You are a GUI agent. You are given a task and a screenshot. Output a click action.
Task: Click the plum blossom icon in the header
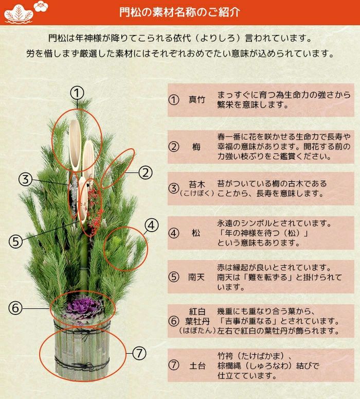[40, 7]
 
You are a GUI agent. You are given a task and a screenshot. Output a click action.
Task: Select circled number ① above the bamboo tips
[77, 93]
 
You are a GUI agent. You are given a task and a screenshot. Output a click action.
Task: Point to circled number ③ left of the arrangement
[26, 179]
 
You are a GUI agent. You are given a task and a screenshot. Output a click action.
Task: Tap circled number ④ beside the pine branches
[151, 224]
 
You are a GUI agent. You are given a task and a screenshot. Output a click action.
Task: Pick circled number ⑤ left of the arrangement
[15, 240]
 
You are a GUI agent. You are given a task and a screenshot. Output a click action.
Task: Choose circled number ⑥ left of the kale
[15, 308]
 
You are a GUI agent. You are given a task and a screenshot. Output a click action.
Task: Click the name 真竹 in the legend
[196, 100]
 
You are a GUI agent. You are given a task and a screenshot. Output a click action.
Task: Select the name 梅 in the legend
[196, 147]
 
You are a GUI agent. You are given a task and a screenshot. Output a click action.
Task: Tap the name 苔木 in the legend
[196, 184]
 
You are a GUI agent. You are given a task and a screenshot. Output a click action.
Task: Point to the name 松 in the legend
[196, 233]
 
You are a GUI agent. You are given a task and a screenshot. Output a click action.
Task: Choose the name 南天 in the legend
[196, 277]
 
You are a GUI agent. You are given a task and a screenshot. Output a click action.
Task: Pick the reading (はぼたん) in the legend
[197, 331]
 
